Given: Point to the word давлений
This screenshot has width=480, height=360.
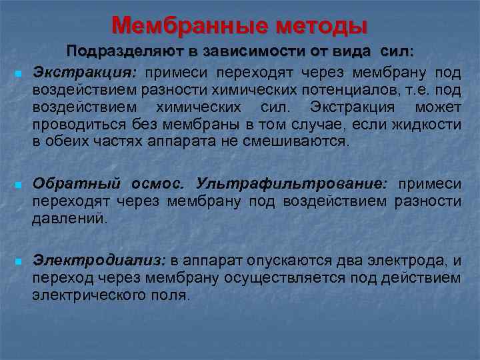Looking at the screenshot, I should [69, 219].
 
